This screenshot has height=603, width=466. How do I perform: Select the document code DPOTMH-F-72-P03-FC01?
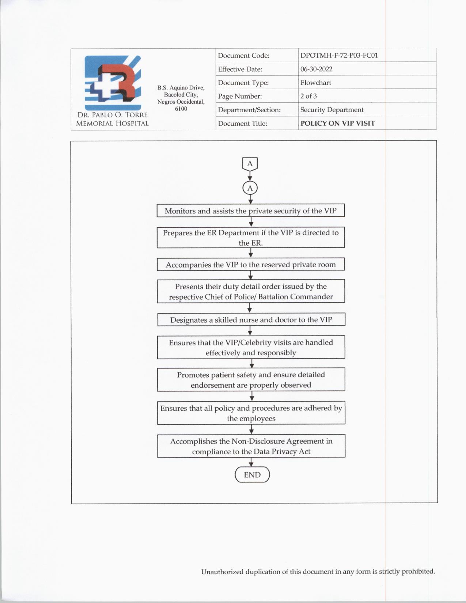tap(339, 56)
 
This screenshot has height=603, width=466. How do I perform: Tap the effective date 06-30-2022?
tap(316, 69)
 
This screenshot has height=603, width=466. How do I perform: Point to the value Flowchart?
tap(315, 83)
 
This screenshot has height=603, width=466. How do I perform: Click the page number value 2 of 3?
tap(308, 96)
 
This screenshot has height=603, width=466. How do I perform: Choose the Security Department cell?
tap(331, 110)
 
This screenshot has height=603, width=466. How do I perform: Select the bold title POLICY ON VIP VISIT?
tap(337, 123)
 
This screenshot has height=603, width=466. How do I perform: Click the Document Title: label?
tap(242, 124)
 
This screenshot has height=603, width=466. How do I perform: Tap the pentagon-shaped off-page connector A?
tap(250, 164)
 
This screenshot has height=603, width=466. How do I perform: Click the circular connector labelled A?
tap(250, 188)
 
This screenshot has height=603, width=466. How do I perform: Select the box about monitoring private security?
tap(251, 211)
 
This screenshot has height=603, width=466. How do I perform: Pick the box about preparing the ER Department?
tap(251, 238)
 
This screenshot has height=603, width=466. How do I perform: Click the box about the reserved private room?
tap(251, 265)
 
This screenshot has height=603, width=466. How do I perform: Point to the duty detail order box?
tap(251, 291)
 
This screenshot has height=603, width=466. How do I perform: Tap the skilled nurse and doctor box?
tap(251, 320)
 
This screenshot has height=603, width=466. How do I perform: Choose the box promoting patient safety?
tap(251, 380)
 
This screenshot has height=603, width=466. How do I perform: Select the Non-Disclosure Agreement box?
tap(251, 446)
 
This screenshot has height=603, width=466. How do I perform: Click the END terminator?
tap(252, 475)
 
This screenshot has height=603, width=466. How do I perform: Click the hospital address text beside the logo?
tap(181, 98)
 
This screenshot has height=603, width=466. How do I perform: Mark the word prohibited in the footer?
tap(418, 571)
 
